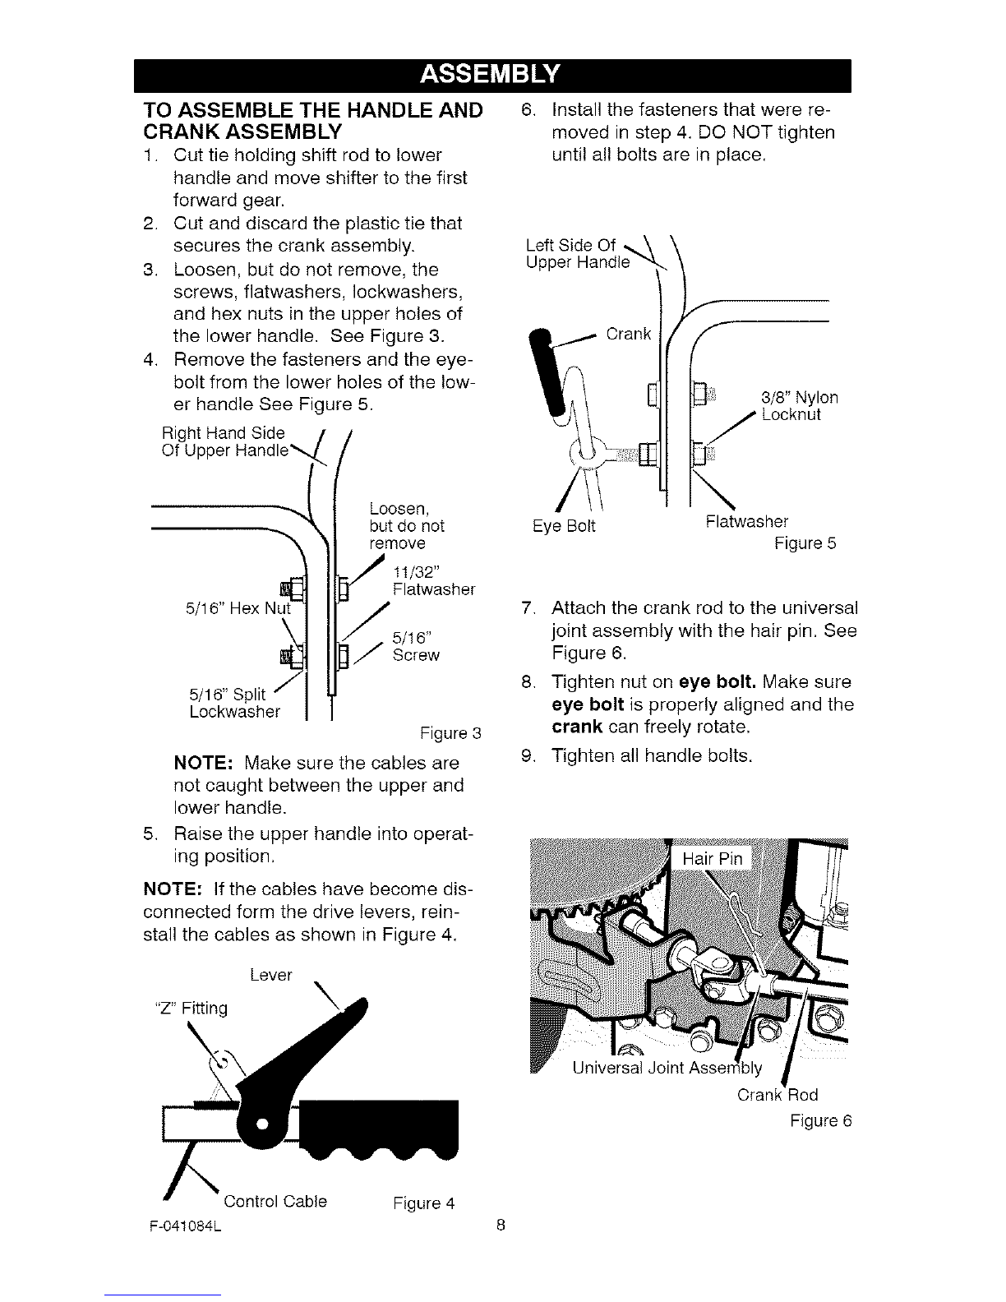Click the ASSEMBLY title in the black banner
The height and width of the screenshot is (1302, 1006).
[490, 74]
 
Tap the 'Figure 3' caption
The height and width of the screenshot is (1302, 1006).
[450, 733]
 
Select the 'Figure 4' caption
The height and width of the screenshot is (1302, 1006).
[423, 1203]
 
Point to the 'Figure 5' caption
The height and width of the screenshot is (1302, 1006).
[805, 543]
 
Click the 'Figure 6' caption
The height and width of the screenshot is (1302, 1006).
[820, 1121]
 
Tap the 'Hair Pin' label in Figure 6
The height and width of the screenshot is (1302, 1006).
[713, 859]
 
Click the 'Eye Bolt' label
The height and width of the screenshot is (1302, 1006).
[564, 526]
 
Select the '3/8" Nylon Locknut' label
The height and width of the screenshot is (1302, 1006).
[799, 405]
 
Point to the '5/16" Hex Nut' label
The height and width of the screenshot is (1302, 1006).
[238, 609]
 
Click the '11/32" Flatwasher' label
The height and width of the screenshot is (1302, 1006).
[434, 580]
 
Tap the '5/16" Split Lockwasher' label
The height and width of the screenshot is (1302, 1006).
[235, 703]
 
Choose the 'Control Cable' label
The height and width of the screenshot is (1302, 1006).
[275, 1202]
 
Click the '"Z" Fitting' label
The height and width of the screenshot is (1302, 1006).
[192, 1008]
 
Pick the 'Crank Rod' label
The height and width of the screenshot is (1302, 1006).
[778, 1095]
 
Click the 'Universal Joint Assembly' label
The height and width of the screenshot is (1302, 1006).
[667, 1068]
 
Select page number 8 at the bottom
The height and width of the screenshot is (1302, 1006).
[501, 1226]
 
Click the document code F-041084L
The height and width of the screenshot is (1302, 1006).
[185, 1226]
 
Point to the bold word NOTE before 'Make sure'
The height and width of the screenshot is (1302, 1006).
[203, 764]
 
